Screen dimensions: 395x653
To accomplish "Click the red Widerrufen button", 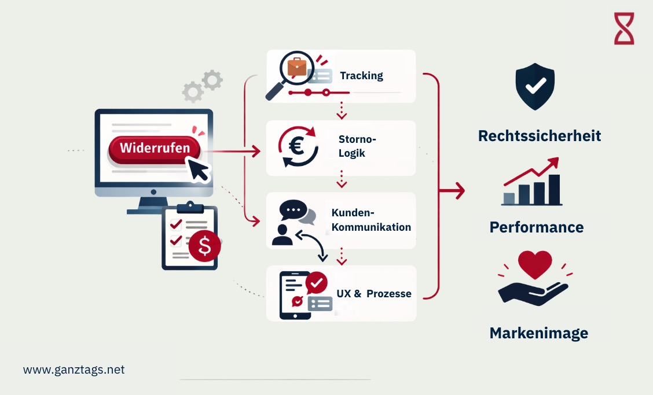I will pos(154,148).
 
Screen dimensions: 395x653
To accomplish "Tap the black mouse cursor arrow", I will pos(199,170).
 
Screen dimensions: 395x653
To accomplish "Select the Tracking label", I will pos(361,76).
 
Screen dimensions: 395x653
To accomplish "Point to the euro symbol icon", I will pos(298,147).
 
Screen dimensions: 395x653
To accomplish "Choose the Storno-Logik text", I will pos(357,146).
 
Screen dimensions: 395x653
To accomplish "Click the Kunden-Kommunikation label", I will pos(371,220).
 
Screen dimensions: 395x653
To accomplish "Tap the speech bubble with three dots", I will pos(291,211).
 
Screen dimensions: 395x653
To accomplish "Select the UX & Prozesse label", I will pos(374,294).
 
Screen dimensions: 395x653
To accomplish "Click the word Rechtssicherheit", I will pos(540,136).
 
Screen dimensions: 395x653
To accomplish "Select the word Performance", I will pos(537,227).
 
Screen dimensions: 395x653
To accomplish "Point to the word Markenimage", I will pos(539,333).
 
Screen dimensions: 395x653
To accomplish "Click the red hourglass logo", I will pos(624,28).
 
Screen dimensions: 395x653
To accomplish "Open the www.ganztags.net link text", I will pos(74,370).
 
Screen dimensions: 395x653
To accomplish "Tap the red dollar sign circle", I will pos(204,246).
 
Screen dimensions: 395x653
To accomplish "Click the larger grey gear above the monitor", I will pos(212,80).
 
